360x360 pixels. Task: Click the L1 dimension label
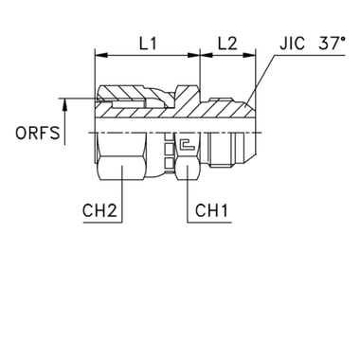[x=146, y=45]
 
